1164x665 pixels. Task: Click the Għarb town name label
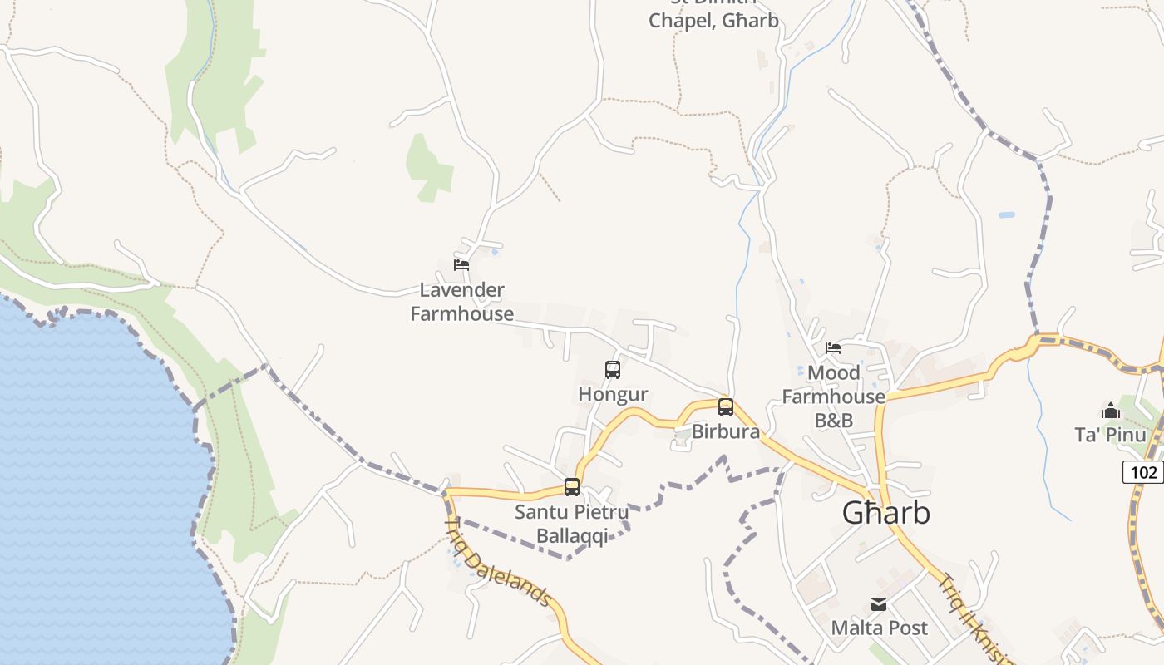point(885,513)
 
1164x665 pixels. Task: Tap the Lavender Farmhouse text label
point(461,302)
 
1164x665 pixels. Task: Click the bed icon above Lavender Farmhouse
point(461,265)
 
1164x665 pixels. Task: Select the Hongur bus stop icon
point(613,370)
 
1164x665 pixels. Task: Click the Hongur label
point(613,394)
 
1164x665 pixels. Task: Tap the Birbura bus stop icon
point(726,407)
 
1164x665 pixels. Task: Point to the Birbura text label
point(726,431)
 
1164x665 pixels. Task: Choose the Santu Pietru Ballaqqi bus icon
point(572,487)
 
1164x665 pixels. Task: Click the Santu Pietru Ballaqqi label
point(571,524)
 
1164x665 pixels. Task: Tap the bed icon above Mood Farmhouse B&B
point(833,348)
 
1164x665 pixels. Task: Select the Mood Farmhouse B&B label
point(834,397)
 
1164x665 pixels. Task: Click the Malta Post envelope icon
point(879,604)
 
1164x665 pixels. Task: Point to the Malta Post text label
point(880,628)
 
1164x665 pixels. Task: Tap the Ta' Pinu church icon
point(1110,411)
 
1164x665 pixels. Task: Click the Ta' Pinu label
point(1110,435)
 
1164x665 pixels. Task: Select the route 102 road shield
point(1144,472)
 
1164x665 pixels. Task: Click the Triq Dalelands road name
point(500,562)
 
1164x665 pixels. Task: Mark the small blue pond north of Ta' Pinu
point(1007,214)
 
